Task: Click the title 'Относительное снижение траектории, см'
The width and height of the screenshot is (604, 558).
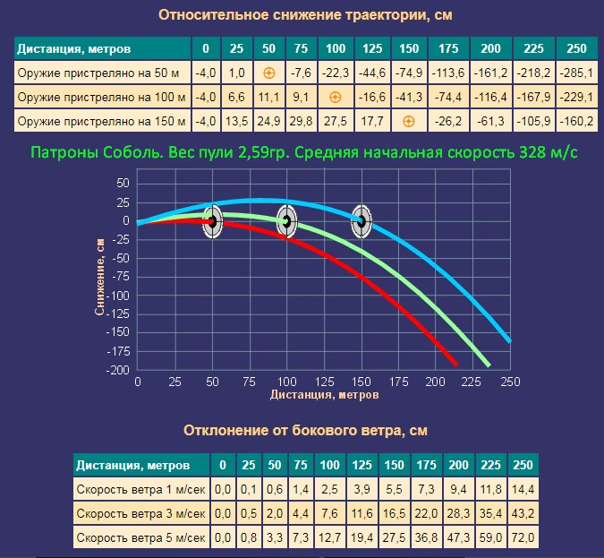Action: (305, 15)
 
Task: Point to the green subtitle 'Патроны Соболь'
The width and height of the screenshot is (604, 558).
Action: (302, 152)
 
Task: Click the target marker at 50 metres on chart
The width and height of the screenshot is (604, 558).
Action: (212, 220)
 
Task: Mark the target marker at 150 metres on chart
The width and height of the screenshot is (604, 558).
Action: (361, 220)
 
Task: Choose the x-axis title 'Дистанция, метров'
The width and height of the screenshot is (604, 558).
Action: (323, 394)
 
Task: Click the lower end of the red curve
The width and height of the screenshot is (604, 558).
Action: (455, 363)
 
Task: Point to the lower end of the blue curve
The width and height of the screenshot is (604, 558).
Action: (508, 340)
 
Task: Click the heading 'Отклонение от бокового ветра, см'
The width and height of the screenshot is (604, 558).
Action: (305, 430)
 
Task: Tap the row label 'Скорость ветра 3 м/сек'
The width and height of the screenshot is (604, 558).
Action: (141, 513)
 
